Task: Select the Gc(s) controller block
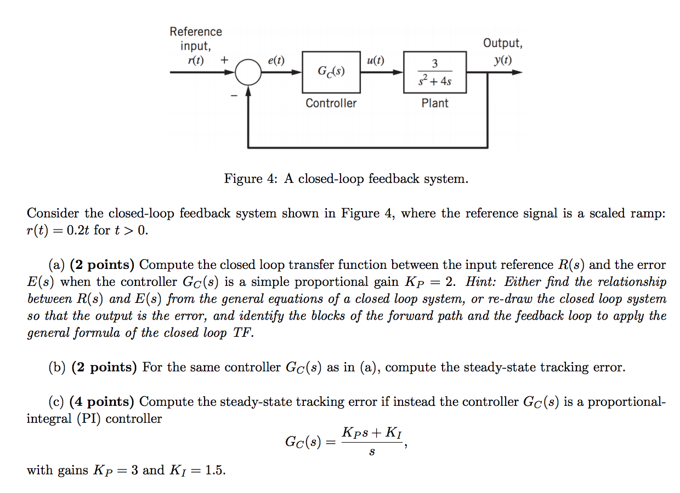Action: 331,72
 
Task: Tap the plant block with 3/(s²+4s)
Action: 435,72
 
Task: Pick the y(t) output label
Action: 502,60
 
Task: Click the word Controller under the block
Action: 331,103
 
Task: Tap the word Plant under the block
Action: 435,103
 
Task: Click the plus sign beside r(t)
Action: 224,60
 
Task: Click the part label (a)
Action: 57,265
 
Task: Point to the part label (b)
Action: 58,367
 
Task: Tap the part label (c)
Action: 57,402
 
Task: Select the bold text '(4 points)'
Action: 102,402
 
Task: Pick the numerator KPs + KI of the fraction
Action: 371,432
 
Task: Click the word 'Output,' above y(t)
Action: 502,43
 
